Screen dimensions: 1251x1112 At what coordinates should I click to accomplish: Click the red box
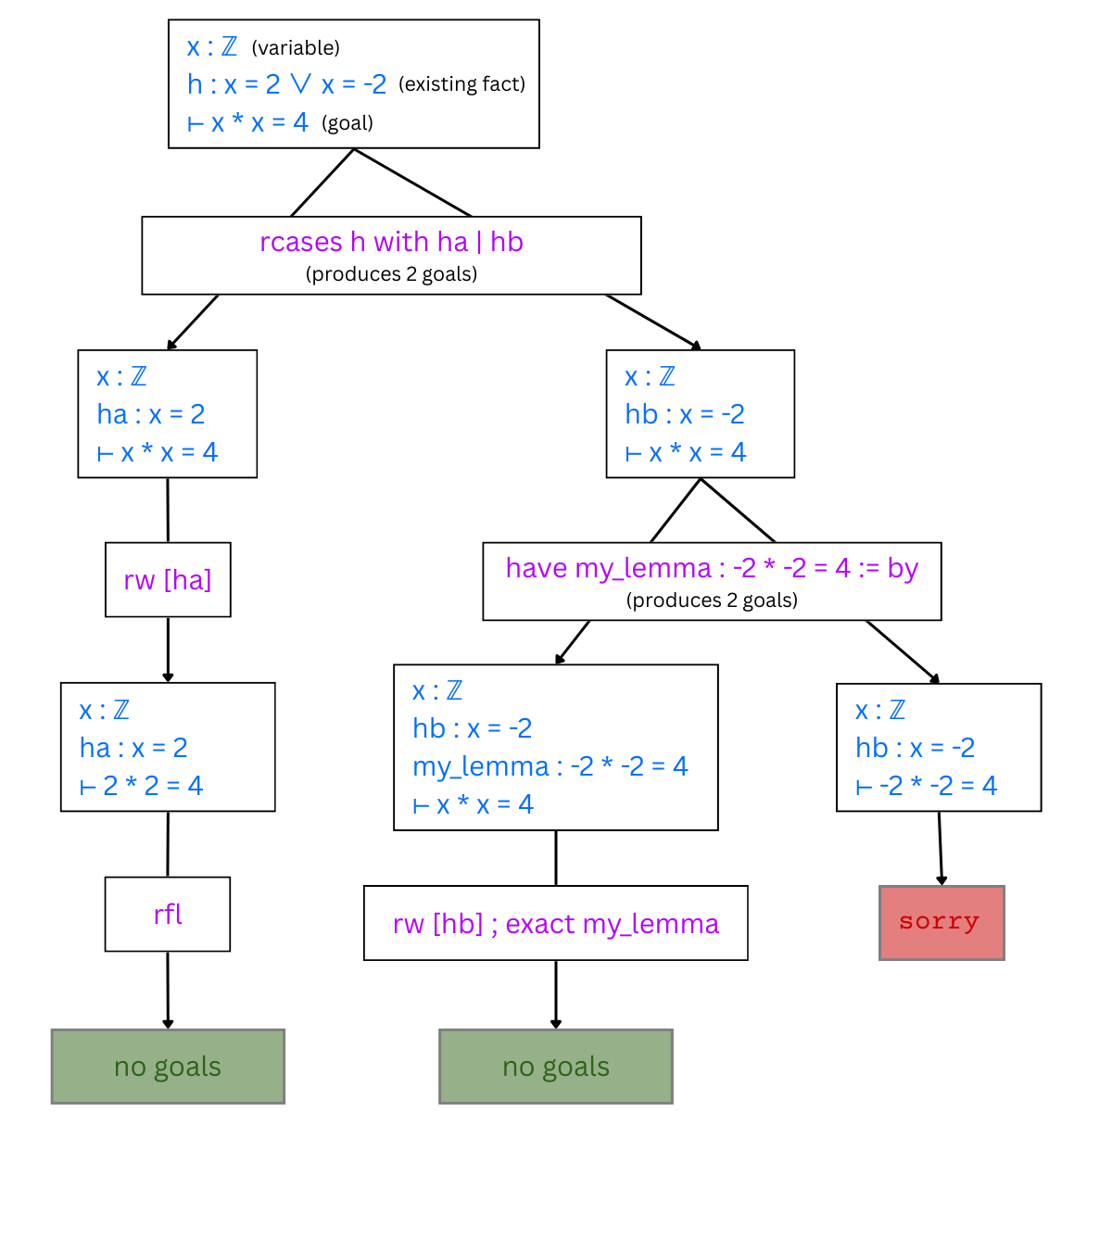941,923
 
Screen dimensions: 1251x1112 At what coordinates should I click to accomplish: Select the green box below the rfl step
168,1067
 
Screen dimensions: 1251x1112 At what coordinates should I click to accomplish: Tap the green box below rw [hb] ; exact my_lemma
555,1067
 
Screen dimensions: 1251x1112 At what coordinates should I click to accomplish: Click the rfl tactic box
168,915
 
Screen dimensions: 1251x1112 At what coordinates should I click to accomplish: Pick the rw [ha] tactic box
168,580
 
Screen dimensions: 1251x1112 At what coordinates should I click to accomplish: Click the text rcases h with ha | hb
391,242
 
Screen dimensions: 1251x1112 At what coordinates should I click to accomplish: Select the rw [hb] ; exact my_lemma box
555,924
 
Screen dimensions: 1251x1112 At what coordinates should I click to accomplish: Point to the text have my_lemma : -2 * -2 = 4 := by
712,568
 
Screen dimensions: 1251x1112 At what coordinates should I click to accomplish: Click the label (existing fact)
461,84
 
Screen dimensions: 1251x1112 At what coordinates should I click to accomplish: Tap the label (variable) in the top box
296,47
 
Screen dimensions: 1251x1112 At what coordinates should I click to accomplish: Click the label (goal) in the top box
347,123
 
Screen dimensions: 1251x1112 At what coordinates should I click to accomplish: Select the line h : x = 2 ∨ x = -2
286,84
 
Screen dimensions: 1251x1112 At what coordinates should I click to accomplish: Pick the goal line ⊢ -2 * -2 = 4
927,786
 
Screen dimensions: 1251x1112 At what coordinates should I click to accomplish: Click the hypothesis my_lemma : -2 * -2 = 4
550,766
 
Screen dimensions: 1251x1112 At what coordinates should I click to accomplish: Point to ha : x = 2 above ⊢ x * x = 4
151,414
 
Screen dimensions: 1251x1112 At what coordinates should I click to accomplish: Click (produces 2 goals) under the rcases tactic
391,274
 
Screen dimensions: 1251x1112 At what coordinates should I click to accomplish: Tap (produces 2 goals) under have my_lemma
712,600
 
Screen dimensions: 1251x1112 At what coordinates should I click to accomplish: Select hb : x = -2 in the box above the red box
916,748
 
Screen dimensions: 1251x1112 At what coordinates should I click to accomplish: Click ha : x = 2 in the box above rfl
133,748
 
